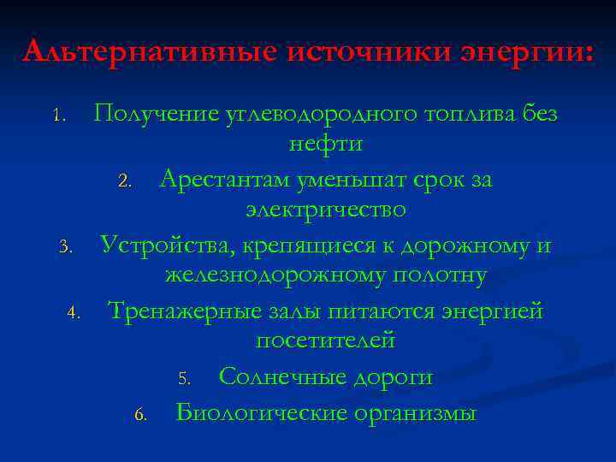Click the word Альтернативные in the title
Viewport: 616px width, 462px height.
click(149, 50)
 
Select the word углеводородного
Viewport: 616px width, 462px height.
click(298, 114)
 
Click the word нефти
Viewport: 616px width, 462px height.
click(325, 144)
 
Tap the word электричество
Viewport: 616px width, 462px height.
click(325, 210)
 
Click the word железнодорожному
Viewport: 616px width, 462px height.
click(275, 275)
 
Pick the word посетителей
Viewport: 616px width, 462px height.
click(325, 341)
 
